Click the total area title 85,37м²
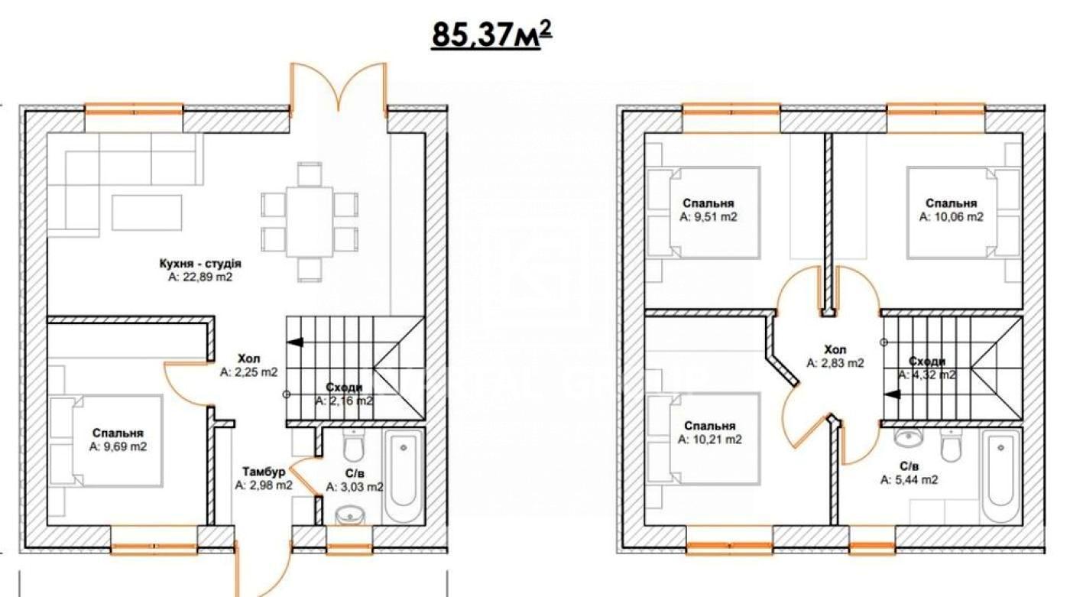(492, 34)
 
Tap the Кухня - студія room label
(199, 264)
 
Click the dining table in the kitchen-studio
(310, 222)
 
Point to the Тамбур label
(264, 471)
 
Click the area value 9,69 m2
(118, 446)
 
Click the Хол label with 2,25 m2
(248, 359)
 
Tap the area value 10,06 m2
(951, 217)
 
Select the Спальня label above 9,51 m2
(708, 203)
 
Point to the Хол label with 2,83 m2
(835, 349)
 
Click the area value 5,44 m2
(909, 480)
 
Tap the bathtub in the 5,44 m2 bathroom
(999, 478)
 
